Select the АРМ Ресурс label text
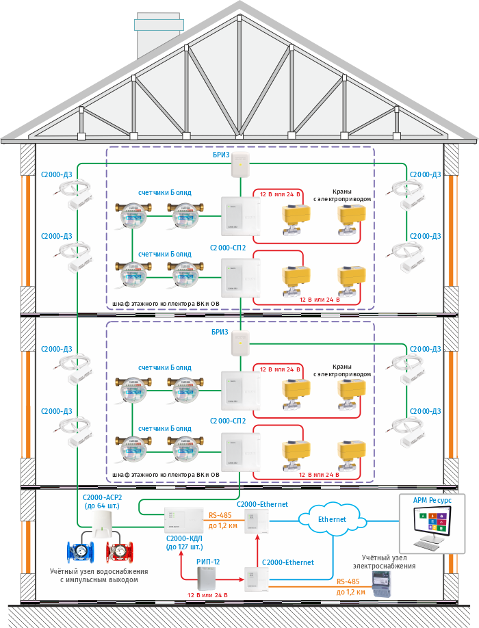click(x=432, y=500)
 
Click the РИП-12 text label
click(x=208, y=561)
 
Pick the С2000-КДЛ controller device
click(x=183, y=519)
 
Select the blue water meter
click(x=81, y=552)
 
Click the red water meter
click(x=119, y=552)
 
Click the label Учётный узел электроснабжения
click(x=384, y=562)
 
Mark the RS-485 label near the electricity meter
click(x=348, y=581)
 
